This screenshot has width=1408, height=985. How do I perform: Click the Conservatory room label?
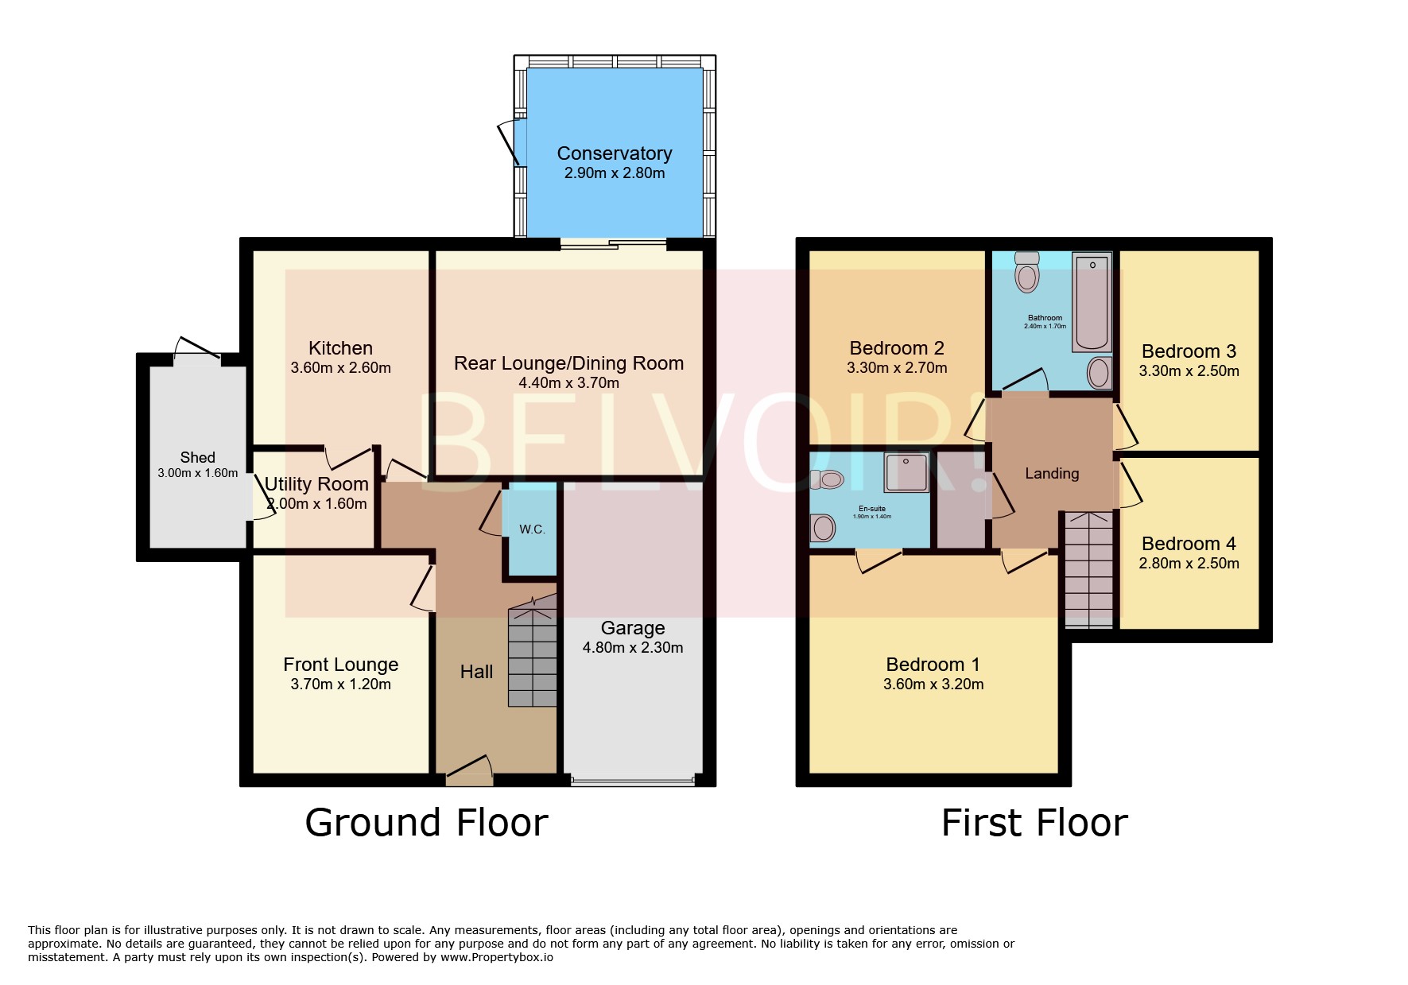tap(614, 153)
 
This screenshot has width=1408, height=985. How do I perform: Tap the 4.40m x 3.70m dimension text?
tap(568, 383)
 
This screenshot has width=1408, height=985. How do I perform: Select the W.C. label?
tap(532, 529)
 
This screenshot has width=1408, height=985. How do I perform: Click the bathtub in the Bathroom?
tap(1092, 302)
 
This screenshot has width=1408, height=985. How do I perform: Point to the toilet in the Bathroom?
tap(1027, 273)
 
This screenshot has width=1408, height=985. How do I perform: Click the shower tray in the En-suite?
tap(906, 472)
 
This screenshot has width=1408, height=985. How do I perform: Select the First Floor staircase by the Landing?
tap(1088, 568)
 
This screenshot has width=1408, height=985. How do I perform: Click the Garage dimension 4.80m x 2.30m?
tap(632, 648)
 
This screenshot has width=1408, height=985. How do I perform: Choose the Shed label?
tap(197, 457)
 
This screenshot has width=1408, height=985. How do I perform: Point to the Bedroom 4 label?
tap(1188, 544)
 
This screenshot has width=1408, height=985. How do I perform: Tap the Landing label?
tap(1051, 474)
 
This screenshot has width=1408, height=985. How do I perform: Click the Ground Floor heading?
tap(426, 823)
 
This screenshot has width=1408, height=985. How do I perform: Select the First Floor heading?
tap(1034, 823)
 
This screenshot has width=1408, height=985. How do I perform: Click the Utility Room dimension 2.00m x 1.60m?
tap(317, 504)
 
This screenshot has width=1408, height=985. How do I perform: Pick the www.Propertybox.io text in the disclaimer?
tap(496, 957)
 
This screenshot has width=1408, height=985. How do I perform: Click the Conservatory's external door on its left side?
tap(509, 144)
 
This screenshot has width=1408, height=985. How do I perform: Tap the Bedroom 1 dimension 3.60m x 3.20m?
tap(933, 684)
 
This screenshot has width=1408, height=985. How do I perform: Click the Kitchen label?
tap(340, 348)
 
